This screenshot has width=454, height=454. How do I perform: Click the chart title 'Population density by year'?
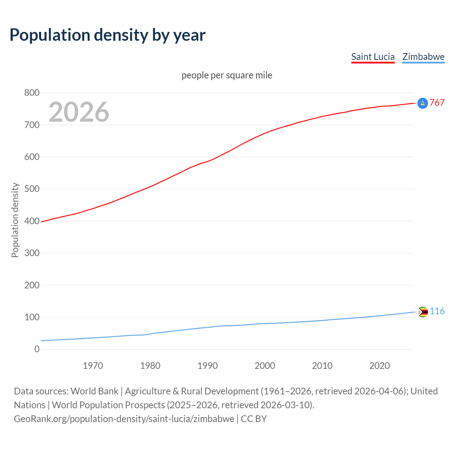click(107, 35)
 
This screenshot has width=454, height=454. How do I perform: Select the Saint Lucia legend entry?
click(373, 57)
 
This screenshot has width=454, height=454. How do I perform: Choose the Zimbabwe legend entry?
click(423, 57)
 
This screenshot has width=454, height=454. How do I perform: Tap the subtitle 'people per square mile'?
click(227, 75)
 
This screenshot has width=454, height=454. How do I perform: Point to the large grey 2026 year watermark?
click(79, 112)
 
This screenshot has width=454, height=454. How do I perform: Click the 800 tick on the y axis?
click(32, 93)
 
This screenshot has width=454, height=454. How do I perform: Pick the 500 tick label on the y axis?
click(32, 189)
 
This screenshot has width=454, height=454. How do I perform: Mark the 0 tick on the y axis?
click(37, 349)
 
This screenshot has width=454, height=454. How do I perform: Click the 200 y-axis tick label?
click(32, 285)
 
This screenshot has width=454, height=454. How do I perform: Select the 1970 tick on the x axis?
click(93, 366)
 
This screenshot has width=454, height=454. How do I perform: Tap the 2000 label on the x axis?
click(265, 366)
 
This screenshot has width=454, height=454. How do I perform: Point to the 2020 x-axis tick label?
click(380, 366)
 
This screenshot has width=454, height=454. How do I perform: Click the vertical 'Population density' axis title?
click(15, 220)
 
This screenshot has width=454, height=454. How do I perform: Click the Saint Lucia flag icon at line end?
click(422, 103)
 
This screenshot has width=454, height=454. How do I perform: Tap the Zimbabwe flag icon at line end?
click(422, 312)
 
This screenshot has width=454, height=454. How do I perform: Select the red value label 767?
click(437, 103)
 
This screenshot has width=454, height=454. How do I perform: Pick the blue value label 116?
click(437, 311)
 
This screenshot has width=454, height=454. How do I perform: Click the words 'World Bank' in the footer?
click(94, 391)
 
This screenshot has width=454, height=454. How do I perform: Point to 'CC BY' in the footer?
click(254, 419)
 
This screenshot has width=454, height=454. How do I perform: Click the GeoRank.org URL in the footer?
click(124, 419)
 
